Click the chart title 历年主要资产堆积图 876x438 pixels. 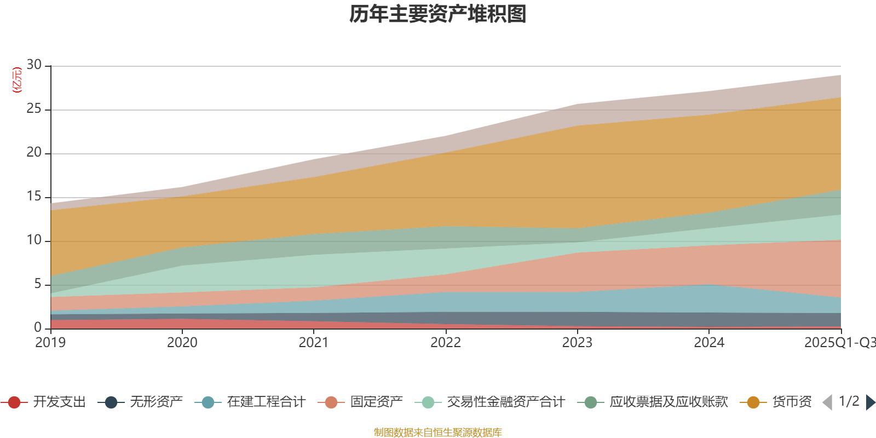(x=438, y=14)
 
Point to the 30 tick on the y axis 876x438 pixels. (x=34, y=65)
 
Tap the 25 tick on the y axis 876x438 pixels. (x=34, y=109)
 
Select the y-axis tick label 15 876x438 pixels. (x=34, y=197)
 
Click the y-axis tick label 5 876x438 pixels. (x=37, y=284)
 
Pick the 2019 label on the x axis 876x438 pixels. (x=50, y=343)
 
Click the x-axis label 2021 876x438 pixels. (x=314, y=343)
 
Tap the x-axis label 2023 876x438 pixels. (x=577, y=343)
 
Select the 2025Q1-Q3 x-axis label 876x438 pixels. (x=839, y=343)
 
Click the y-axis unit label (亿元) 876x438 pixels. (x=17, y=80)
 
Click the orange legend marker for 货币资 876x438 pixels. (x=753, y=402)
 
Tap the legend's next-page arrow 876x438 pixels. (x=871, y=402)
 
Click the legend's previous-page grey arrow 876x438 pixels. (x=827, y=402)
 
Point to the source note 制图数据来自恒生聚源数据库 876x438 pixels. (x=438, y=433)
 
